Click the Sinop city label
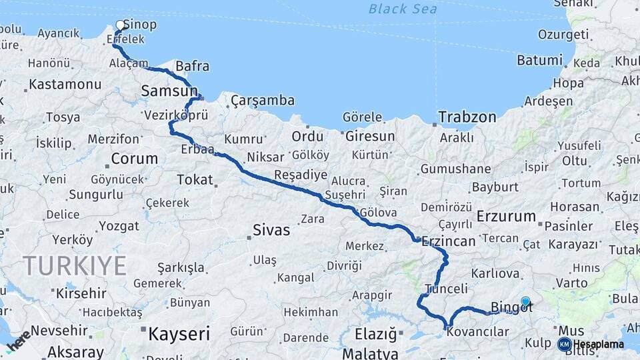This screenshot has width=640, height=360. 140,25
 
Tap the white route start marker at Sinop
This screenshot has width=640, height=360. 121,25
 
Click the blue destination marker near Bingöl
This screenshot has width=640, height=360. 525,301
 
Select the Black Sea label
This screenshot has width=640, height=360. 403,9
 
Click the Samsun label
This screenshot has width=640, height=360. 169,90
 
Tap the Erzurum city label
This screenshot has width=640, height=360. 507,216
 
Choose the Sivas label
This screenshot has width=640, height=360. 271,231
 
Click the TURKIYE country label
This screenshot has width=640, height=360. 75,265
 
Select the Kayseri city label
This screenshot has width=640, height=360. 179,333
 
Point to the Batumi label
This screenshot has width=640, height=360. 539,60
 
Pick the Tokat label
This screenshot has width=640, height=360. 195,179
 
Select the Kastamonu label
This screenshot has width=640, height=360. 65,85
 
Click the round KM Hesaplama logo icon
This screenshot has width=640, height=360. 564,344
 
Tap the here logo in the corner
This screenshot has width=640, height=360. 19,341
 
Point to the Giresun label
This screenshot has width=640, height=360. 370,136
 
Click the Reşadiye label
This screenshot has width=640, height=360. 301,175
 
